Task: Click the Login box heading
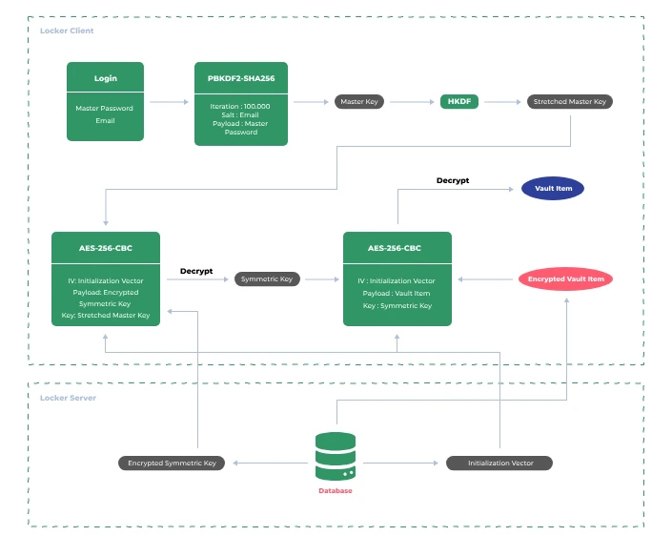(105, 78)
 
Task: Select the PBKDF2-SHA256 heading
(241, 78)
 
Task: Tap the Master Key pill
(359, 102)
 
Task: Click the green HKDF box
(458, 102)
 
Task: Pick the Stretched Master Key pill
(570, 102)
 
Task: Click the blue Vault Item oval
(552, 189)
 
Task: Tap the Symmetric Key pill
(268, 279)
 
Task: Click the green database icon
(336, 457)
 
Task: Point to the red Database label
(336, 491)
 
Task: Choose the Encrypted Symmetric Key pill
(172, 463)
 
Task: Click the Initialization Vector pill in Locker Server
(499, 463)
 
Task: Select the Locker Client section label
(67, 31)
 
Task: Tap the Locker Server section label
(68, 398)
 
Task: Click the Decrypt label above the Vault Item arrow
(453, 180)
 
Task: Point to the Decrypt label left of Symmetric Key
(196, 271)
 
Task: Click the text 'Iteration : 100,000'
(241, 107)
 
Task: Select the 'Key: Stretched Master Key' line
(105, 315)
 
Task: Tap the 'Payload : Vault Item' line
(397, 294)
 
